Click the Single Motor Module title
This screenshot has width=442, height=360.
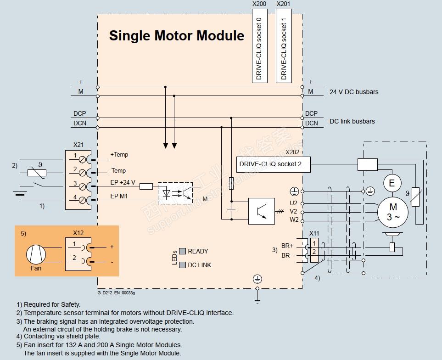pos(176,36)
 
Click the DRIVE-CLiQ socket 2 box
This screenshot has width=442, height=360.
pos(274,164)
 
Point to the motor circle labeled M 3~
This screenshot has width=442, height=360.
pos(392,211)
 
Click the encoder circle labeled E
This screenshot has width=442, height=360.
pos(392,184)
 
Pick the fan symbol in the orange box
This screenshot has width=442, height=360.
pos(36,254)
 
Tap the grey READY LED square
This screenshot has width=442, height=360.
pos(182,251)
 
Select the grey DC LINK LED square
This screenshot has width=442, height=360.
pos(182,265)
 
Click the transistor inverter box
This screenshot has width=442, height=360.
pos(262,211)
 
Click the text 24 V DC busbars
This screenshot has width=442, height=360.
pos(354,92)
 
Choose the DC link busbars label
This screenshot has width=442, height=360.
pos(352,122)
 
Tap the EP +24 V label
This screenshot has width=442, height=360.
pos(123,183)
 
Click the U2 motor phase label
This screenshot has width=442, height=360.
pos(293,202)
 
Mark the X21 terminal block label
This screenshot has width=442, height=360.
pos(78,144)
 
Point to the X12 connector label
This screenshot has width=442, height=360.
pos(78,233)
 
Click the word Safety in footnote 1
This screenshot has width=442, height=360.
pos(70,304)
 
